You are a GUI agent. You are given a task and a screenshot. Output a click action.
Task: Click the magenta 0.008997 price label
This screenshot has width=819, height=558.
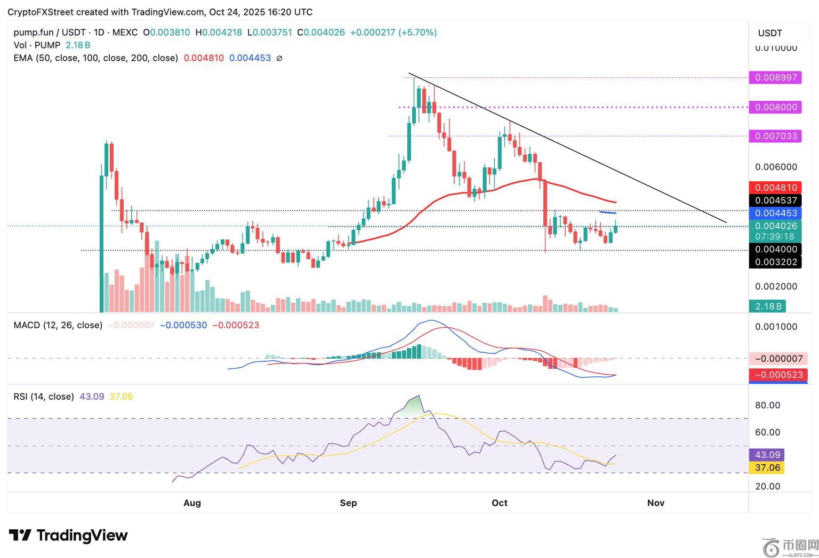pos(775,78)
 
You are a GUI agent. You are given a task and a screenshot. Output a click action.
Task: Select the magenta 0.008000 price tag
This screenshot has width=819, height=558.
pos(775,107)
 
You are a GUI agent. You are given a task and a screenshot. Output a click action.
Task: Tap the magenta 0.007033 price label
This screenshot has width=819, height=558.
pos(775,136)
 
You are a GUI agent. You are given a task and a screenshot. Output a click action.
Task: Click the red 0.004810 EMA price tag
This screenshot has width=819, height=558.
pos(775,188)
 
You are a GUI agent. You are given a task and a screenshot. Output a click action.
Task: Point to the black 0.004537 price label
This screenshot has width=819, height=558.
pos(775,200)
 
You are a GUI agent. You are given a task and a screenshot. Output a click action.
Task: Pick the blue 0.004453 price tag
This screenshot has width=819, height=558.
pos(775,213)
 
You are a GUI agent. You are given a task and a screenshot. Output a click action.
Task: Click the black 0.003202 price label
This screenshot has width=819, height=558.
pos(775,262)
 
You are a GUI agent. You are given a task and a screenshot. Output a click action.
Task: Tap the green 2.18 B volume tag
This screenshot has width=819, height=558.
pos(767,306)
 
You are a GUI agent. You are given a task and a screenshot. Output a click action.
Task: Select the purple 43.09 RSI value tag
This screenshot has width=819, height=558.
pos(767,455)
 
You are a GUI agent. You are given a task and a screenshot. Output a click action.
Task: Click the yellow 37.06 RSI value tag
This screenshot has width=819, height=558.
pos(767,468)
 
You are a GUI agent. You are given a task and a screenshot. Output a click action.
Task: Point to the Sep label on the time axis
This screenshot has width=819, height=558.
pos(348,503)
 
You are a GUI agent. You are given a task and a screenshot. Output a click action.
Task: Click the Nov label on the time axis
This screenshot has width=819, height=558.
pos(655,503)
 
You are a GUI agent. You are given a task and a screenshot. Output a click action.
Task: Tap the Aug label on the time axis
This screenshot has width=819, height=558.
pos(192,503)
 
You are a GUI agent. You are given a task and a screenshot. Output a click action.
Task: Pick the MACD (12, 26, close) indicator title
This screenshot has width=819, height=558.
pos(58,325)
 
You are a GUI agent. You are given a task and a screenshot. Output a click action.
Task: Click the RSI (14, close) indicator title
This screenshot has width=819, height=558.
pos(44,397)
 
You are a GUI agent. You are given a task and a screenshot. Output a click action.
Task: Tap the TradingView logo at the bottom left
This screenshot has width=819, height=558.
pos(68,535)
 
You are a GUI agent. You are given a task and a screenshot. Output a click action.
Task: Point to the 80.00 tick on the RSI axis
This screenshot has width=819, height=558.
pos(767,406)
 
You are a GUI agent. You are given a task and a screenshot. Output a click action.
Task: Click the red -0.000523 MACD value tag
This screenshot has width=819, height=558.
pos(778,375)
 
